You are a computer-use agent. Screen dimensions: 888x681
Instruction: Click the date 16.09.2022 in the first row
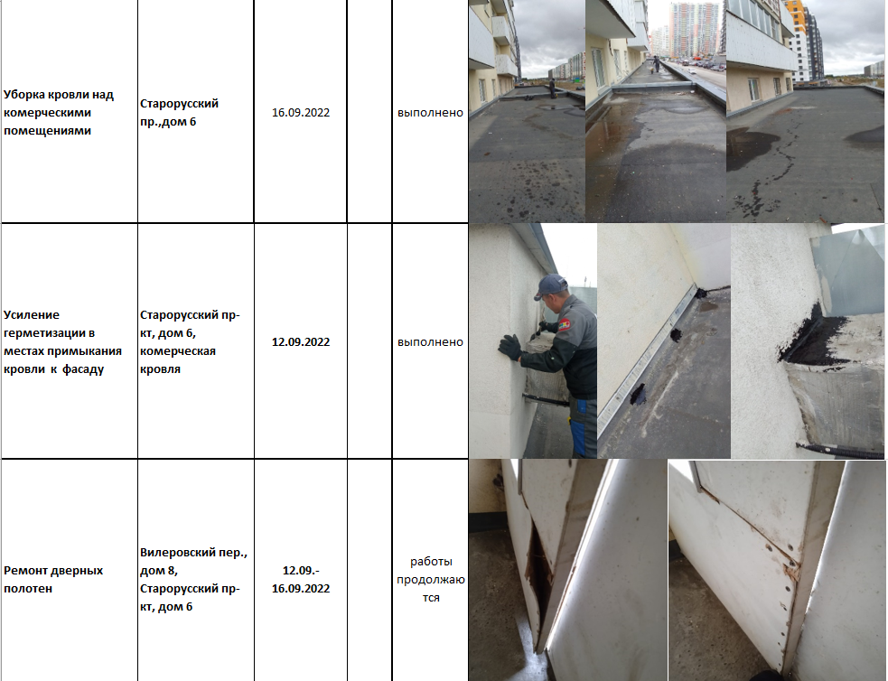301,113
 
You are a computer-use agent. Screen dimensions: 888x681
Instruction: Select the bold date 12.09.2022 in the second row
301,342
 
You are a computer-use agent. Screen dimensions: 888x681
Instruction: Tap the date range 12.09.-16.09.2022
301,579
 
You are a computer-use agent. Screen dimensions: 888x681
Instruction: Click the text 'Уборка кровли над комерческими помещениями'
59,113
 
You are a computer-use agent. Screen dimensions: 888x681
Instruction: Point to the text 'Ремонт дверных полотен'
53,579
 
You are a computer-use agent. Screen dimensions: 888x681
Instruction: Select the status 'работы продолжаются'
430,579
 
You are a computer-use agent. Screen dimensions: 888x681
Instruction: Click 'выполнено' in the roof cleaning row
430,113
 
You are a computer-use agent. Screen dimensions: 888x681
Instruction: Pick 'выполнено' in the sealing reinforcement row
430,342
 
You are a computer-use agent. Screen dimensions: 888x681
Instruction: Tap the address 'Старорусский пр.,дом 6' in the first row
179,113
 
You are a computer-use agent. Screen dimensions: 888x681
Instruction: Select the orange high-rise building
795,34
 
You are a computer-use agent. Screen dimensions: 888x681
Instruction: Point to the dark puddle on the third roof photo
752,147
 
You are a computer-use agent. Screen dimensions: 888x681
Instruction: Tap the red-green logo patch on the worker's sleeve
565,325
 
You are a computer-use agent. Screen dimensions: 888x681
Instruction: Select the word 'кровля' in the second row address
160,369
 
